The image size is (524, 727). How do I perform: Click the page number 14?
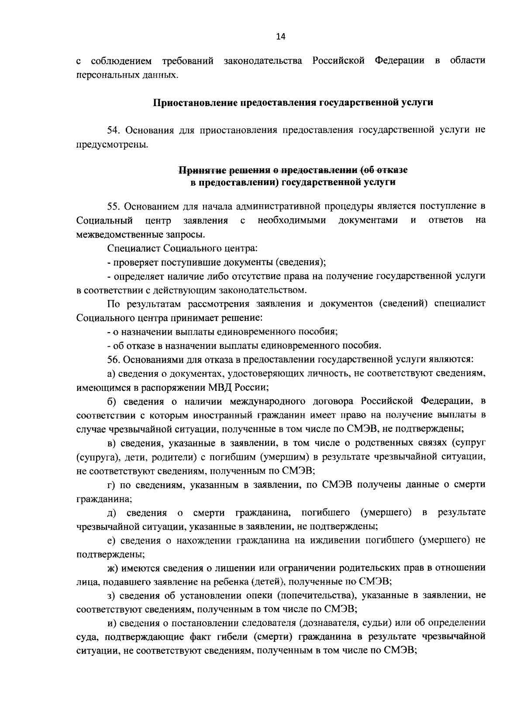tap(280, 37)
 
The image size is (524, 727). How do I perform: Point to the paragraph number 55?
tap(113, 206)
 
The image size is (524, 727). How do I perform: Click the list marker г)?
tap(112, 484)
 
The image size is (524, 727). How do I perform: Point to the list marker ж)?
tap(113, 568)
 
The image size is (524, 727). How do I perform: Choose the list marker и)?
tap(112, 623)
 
